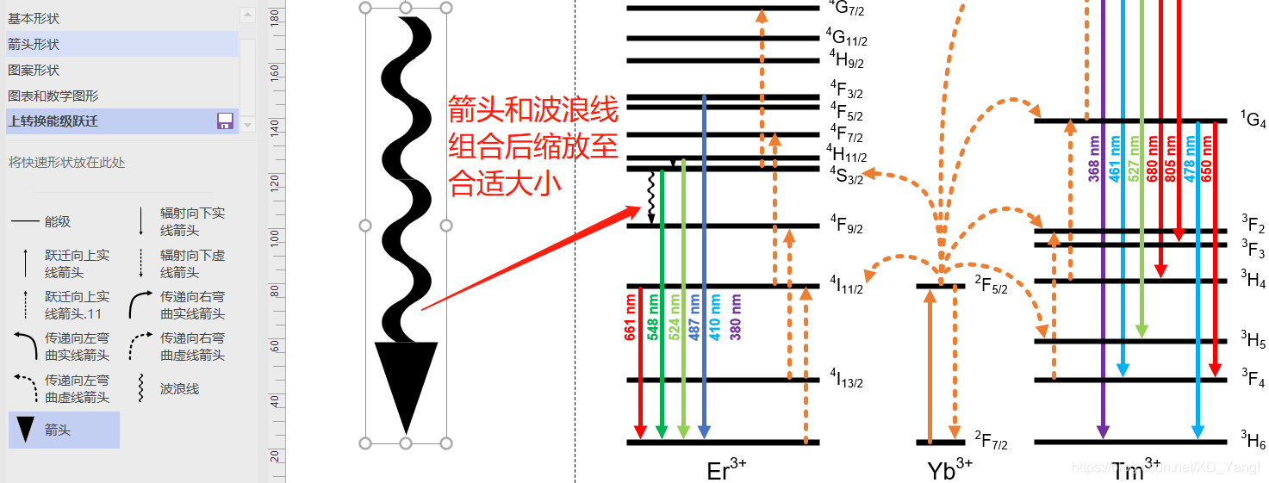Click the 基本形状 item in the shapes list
tap(34, 18)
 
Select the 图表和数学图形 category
tap(53, 96)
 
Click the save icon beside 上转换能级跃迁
tap(225, 121)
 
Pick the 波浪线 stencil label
tap(179, 388)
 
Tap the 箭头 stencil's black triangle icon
tap(27, 430)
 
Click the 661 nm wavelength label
tap(631, 318)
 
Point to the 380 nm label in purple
tap(736, 318)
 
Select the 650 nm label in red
tap(1206, 158)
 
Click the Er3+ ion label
tap(726, 470)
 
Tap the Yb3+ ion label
tap(950, 470)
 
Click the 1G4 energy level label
tap(1253, 119)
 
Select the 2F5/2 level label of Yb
tap(991, 284)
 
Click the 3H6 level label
tap(1253, 441)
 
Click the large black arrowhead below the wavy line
tap(406, 379)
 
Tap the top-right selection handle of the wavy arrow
tap(446, 8)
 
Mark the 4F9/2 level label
tap(846, 226)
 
